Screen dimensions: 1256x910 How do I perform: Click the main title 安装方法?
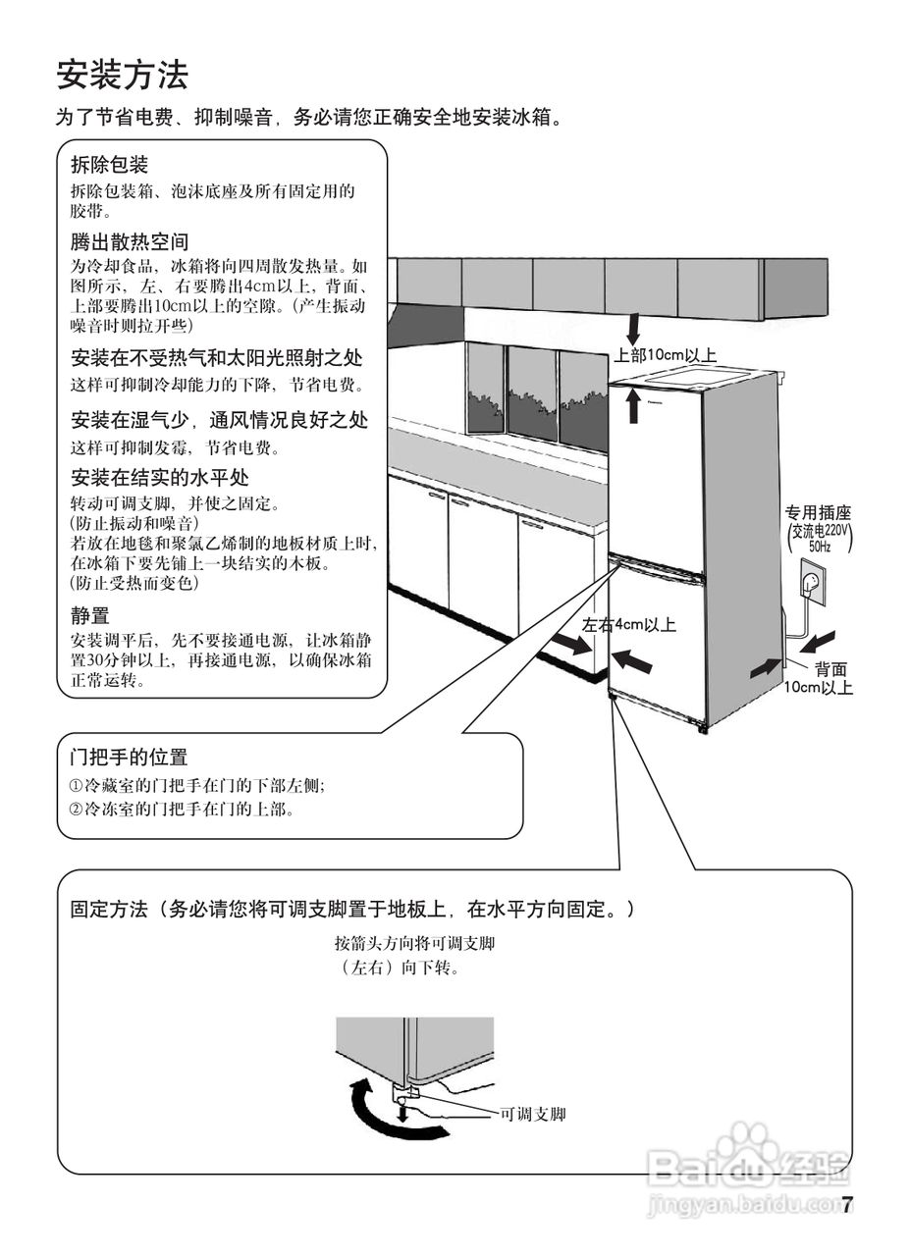123,75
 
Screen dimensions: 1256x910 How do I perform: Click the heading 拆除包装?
109,165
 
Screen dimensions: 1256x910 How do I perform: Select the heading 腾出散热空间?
129,241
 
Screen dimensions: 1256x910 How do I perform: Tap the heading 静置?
89,616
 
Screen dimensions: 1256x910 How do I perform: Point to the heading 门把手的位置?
129,758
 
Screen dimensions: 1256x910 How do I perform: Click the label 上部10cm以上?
667,355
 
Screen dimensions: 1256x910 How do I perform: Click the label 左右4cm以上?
628,624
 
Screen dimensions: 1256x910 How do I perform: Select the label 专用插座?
817,512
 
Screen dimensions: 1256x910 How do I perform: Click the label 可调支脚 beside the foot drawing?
533,1114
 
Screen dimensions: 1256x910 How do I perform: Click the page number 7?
847,1204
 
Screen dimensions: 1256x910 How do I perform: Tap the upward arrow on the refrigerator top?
634,405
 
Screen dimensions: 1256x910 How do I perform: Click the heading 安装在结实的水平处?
159,478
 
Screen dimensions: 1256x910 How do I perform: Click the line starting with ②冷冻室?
183,811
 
